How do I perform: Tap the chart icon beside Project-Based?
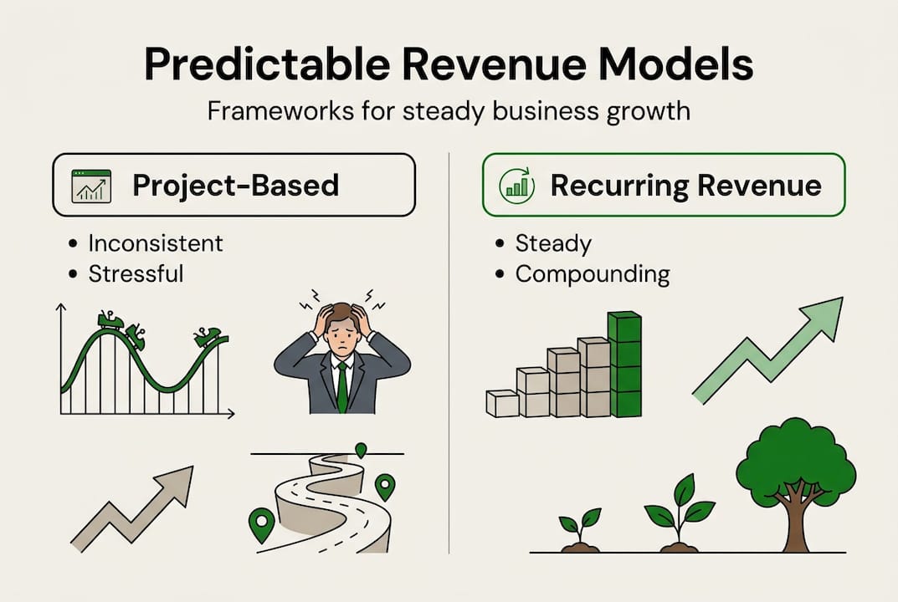[x=92, y=186]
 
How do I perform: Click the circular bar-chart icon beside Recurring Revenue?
[x=516, y=186]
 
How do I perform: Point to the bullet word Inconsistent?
[x=156, y=243]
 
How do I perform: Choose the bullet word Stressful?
[x=136, y=273]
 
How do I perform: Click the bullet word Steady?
[x=553, y=243]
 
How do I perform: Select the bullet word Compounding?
[x=592, y=273]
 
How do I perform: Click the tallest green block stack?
[x=624, y=365]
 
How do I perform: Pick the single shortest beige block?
[x=502, y=403]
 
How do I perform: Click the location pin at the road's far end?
[x=361, y=450]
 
